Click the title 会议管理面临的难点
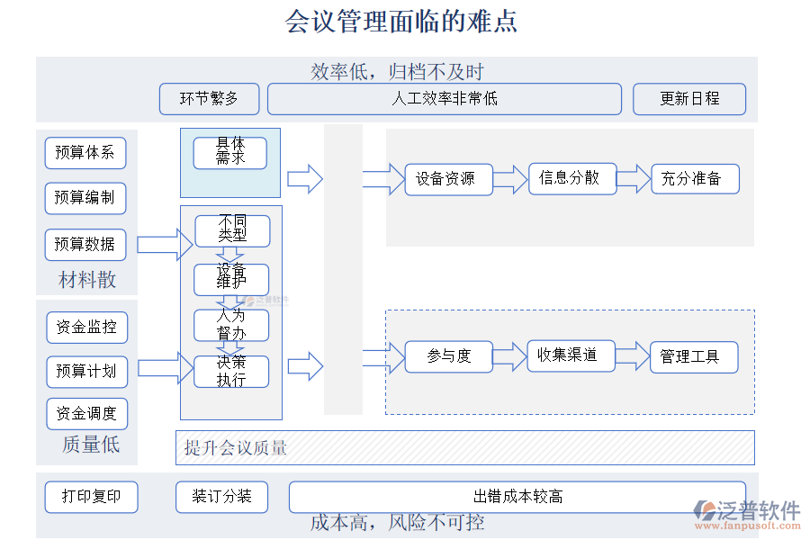(401, 21)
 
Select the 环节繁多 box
(209, 99)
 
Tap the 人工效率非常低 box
(444, 99)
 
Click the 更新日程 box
(689, 99)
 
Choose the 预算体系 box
(85, 153)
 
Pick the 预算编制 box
(85, 198)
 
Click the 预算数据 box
(85, 244)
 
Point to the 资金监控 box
(86, 328)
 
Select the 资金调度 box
(86, 414)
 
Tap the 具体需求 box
(230, 152)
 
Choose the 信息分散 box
(569, 178)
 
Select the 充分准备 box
(691, 179)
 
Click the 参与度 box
(449, 356)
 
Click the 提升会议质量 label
(237, 447)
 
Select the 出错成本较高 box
(517, 497)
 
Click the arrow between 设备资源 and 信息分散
(509, 179)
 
